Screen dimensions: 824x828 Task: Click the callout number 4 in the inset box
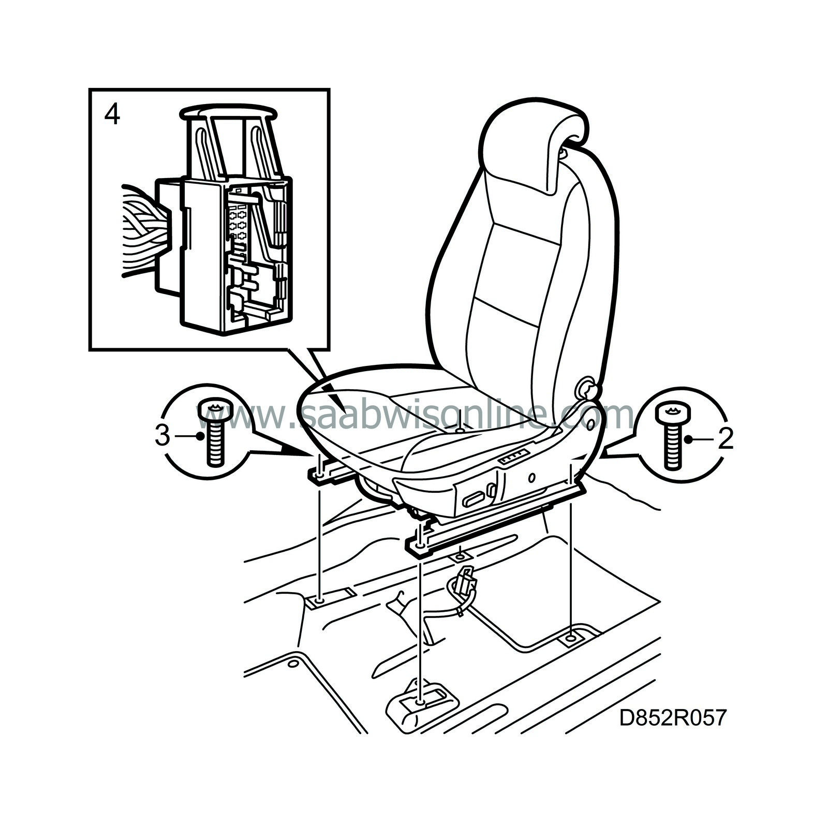coord(112,115)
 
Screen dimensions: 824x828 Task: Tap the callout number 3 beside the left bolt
coord(162,436)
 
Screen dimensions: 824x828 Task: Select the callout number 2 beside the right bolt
coord(725,439)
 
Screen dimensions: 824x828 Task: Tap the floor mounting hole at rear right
coord(570,639)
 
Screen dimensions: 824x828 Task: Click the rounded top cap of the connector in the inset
coord(229,111)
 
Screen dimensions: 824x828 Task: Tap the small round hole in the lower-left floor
coord(293,664)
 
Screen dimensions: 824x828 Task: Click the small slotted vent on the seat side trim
coord(513,457)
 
